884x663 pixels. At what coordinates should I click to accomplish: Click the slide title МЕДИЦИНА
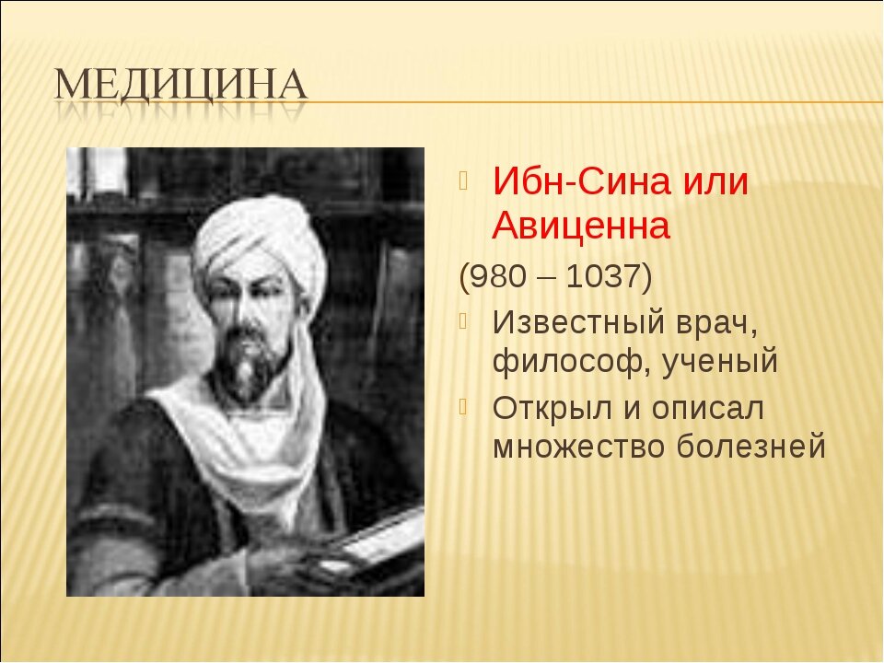point(181,85)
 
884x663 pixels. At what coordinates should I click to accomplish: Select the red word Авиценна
point(581,227)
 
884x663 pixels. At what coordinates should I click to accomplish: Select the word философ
point(571,361)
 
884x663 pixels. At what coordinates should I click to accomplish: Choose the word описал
point(708,408)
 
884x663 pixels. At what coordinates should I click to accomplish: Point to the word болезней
point(751,446)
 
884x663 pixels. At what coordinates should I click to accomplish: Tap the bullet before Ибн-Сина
point(463,180)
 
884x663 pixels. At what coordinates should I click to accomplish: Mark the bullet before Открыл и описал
point(463,406)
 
